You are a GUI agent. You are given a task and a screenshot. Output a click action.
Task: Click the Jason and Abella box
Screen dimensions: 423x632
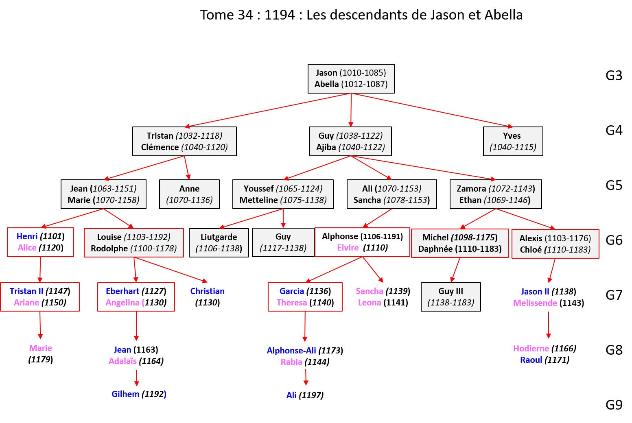[351, 78]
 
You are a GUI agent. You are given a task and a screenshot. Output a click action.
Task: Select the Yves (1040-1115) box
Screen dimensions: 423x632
[513, 142]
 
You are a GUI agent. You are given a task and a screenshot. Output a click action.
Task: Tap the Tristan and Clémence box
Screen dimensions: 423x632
[184, 142]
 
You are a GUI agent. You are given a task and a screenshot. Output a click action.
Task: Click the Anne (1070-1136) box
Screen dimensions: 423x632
[189, 194]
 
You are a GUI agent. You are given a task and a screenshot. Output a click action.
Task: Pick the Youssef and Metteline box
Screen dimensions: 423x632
[283, 194]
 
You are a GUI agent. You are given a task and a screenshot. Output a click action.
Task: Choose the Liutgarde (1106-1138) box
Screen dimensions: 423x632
[219, 243]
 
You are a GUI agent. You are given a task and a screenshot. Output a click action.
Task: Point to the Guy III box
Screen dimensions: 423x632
[450, 297]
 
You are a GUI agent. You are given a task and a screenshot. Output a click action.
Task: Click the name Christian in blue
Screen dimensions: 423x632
[207, 291]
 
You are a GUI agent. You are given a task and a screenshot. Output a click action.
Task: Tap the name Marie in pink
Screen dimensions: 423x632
[41, 348]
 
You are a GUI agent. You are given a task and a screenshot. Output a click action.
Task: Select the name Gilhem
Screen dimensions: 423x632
[125, 394]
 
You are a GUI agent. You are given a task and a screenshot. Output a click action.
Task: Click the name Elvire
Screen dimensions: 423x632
[348, 248]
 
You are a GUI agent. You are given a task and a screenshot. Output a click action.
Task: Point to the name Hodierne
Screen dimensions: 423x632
[531, 349]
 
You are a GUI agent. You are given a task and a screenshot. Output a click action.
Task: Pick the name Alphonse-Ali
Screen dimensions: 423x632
[291, 351]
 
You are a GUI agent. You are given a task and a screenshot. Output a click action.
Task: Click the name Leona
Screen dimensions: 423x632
[370, 303]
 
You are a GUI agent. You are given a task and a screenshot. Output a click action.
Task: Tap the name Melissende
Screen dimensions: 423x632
[535, 303]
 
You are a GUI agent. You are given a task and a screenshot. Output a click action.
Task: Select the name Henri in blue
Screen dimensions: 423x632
[27, 236]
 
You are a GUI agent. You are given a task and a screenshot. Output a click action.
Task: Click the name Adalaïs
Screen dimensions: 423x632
[122, 361]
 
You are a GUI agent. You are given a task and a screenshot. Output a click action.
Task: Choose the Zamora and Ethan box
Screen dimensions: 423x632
[496, 194]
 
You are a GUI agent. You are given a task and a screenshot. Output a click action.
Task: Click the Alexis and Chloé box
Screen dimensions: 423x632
[555, 244]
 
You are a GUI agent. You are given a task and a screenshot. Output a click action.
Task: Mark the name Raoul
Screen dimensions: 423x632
[531, 360]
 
